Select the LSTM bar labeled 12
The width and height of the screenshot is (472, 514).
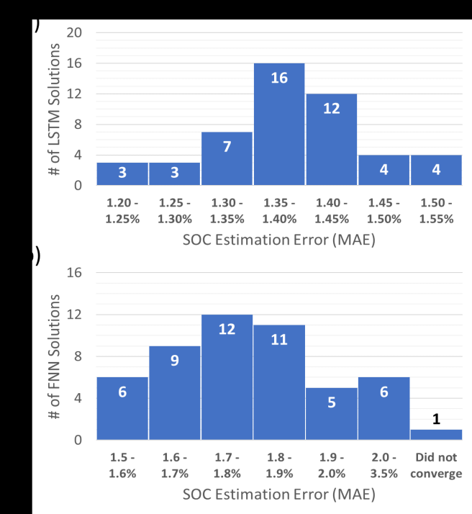coord(331,140)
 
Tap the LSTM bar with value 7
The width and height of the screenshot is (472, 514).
coord(227,158)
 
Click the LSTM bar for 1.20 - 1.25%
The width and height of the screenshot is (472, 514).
coord(122,173)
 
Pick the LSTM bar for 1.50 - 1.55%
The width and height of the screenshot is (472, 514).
coord(436,170)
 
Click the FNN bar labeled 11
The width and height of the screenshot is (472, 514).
coord(279,382)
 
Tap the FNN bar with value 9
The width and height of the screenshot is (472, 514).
coord(175,392)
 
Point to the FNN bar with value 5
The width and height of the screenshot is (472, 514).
coord(331,413)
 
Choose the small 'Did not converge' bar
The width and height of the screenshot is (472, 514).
coord(436,434)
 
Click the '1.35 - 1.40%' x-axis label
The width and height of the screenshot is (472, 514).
coord(279,212)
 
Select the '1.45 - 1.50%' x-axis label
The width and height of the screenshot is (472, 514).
coord(383,212)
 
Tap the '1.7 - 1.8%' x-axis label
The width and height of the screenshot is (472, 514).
coord(227,466)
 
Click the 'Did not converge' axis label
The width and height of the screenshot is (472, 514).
coord(436,466)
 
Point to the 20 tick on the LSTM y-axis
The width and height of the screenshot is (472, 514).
coord(74,32)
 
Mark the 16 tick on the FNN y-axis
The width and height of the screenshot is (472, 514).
coord(74,273)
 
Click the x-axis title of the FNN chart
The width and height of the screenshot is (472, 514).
coord(278,495)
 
